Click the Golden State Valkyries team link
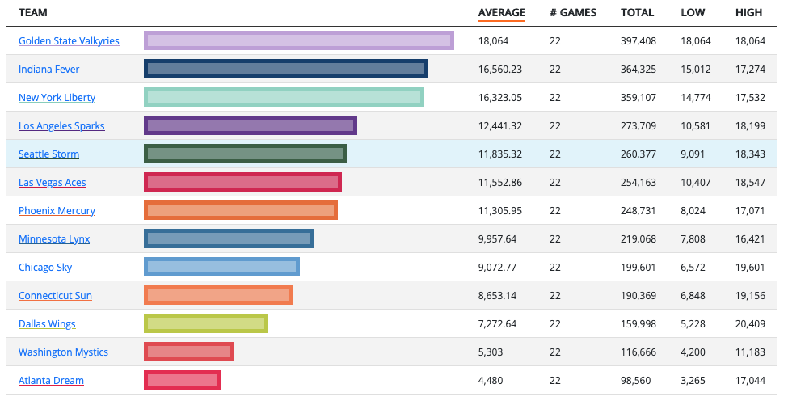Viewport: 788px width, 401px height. [x=69, y=40]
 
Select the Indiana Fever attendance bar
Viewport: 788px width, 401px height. [x=285, y=69]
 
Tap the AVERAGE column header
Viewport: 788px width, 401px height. [x=501, y=12]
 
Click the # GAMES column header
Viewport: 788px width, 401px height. [x=572, y=12]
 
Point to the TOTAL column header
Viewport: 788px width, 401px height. [x=637, y=12]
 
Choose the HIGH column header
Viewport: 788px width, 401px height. [x=748, y=12]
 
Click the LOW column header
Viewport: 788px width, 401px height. [x=693, y=12]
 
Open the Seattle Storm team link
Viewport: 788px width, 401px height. [x=48, y=154]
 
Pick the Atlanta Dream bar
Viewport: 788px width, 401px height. [x=182, y=380]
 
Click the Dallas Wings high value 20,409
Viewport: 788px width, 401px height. [x=749, y=323]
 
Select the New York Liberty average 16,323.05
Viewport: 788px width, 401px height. [x=500, y=97]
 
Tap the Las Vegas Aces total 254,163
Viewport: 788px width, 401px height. [x=638, y=182]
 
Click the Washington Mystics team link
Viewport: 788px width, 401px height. [x=63, y=352]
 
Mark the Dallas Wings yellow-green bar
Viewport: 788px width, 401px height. [x=205, y=323]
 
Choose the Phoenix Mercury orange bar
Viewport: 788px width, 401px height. [x=240, y=210]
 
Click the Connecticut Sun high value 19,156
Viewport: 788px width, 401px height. [x=749, y=295]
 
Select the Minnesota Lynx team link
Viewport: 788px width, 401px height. [x=54, y=238]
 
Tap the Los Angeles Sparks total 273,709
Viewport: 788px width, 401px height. [x=638, y=125]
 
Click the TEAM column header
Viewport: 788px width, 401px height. [x=32, y=12]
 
